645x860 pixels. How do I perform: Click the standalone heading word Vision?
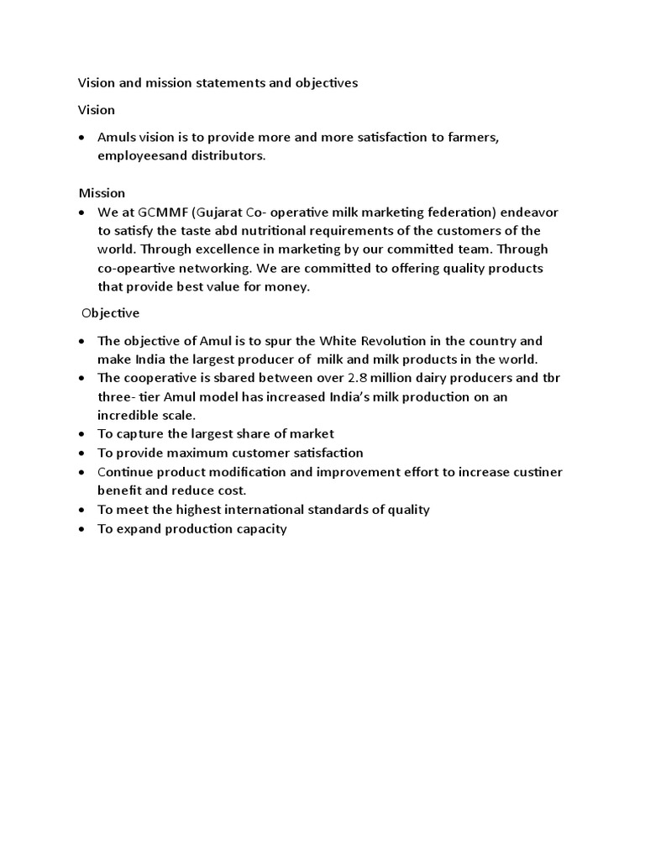(97, 110)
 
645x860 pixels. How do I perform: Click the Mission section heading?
(102, 193)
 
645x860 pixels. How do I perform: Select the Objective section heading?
(111, 313)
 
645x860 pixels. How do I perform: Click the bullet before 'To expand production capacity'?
(81, 530)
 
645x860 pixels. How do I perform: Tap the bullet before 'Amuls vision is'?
(81, 138)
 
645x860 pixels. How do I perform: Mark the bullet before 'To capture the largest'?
(81, 434)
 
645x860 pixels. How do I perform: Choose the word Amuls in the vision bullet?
(118, 138)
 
